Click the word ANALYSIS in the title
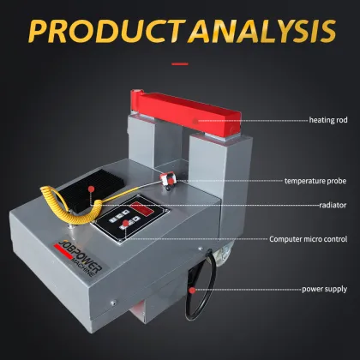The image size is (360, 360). (263, 31)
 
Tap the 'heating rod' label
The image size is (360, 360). (328, 120)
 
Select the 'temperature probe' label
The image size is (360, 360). (315, 181)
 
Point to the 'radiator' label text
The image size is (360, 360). (333, 205)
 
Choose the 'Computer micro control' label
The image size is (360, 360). (309, 239)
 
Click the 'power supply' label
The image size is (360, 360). (325, 289)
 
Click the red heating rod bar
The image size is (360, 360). (186, 114)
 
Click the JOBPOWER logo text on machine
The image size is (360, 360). (80, 256)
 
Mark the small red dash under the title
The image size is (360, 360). (180, 64)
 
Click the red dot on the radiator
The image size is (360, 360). (91, 189)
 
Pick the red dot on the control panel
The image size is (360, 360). (125, 223)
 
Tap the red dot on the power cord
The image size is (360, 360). (193, 291)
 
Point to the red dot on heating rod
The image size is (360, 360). (195, 121)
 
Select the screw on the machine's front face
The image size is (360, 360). (114, 303)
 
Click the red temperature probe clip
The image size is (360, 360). (168, 179)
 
